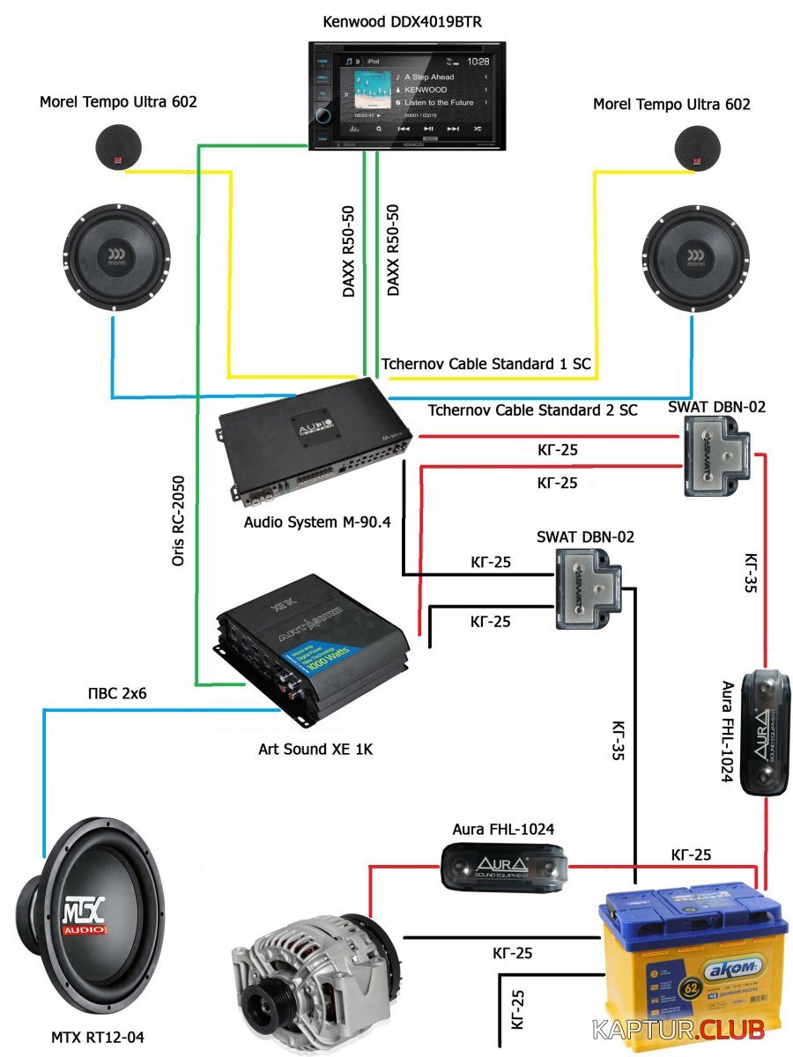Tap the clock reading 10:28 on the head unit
coord(478,63)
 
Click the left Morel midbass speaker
coord(115,256)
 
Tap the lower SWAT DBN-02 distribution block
coord(586,588)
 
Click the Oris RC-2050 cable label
coord(179,521)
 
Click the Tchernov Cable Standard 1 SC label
coord(485,364)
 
